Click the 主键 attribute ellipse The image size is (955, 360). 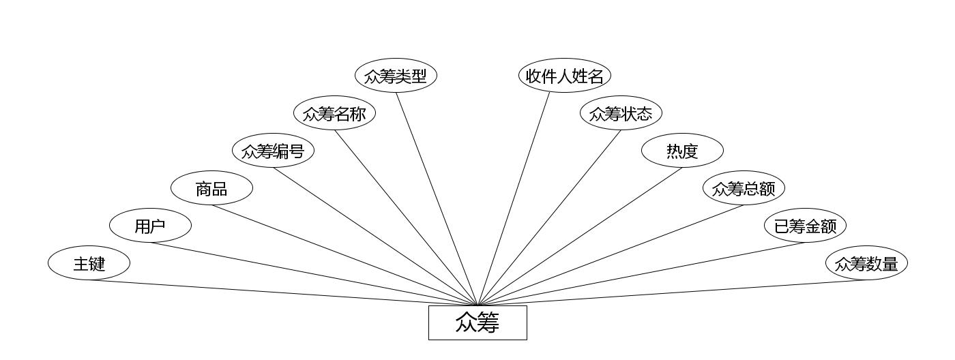point(89,263)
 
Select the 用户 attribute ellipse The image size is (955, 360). point(150,226)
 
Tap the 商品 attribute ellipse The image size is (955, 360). point(211,189)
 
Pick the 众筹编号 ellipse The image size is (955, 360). point(273,151)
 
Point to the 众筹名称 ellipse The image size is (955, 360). point(334,113)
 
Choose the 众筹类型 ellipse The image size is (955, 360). point(396,76)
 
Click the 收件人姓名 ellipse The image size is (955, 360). point(564,76)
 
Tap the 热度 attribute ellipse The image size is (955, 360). point(682,151)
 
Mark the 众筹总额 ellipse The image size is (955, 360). point(744,189)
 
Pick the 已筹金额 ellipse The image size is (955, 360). point(805,226)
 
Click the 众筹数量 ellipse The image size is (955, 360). point(866,263)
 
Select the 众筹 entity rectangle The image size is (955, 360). point(477,322)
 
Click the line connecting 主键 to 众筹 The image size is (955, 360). point(283,293)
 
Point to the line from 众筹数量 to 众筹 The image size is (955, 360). point(672,293)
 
